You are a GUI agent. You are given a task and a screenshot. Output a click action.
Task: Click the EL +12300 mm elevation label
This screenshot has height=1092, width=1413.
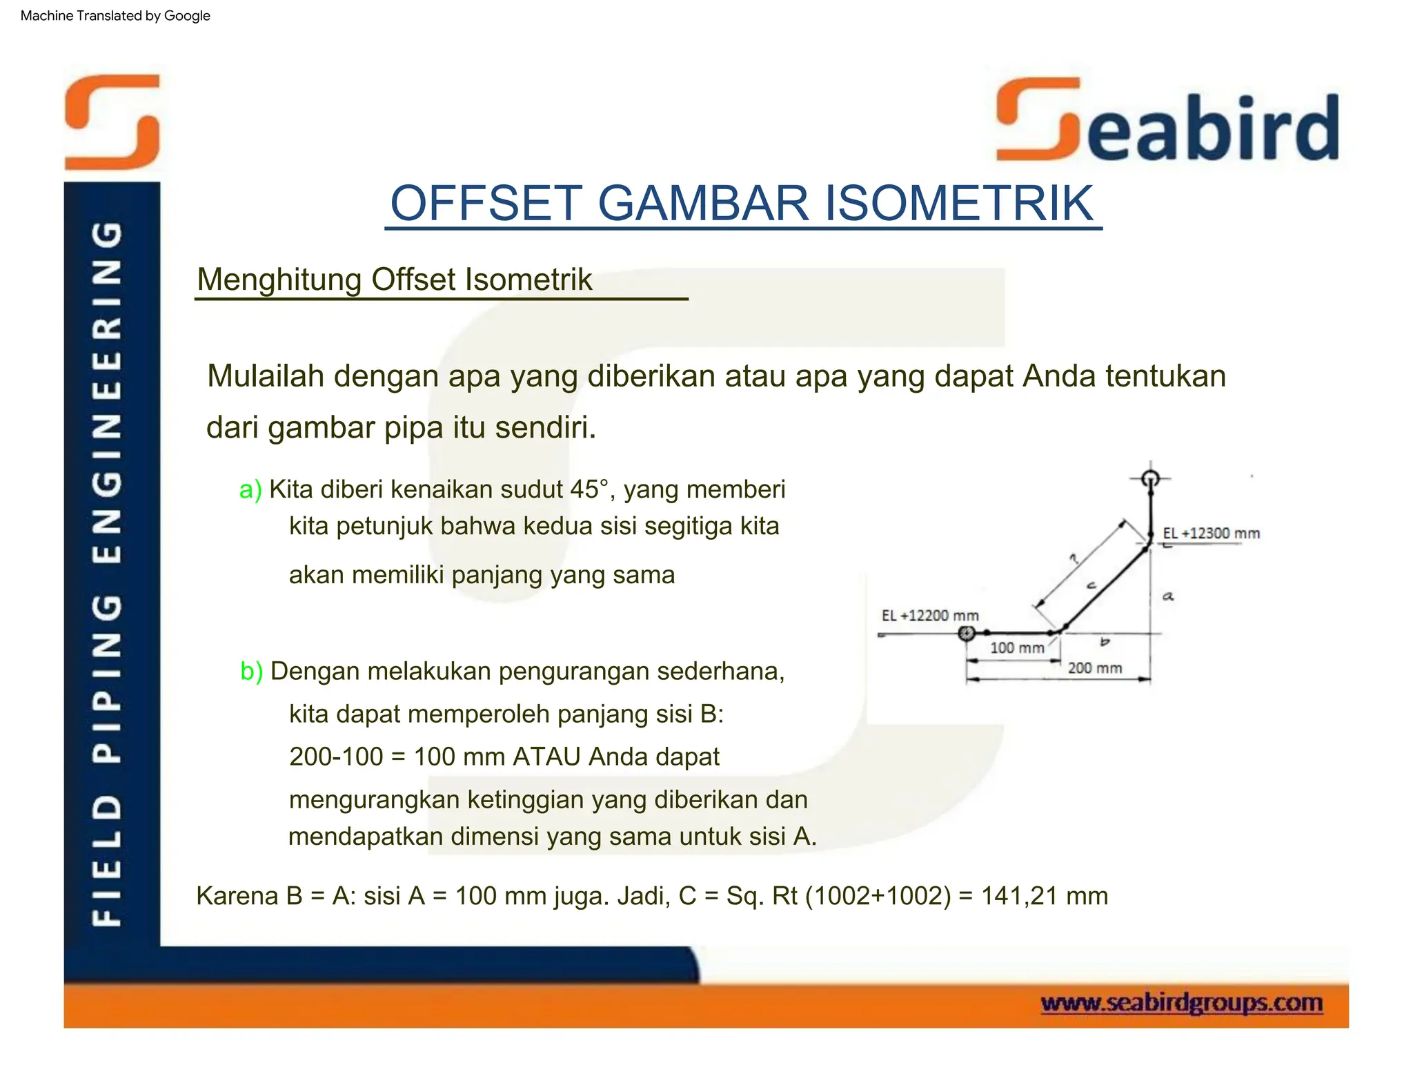click(x=1211, y=533)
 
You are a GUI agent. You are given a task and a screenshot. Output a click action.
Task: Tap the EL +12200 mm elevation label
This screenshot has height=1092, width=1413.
click(x=929, y=615)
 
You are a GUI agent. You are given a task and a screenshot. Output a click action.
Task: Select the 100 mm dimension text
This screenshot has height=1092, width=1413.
click(x=1017, y=647)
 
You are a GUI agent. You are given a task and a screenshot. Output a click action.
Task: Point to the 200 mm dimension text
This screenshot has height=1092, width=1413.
click(x=1095, y=667)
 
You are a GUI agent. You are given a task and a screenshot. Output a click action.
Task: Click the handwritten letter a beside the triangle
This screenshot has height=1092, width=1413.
click(x=1167, y=596)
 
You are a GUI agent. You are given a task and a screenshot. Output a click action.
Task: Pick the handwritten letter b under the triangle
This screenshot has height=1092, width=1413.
click(x=1105, y=642)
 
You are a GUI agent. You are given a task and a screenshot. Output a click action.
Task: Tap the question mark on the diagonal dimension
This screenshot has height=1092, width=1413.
click(x=1074, y=559)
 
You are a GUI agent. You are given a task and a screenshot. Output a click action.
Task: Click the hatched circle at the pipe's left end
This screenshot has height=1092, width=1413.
click(x=967, y=633)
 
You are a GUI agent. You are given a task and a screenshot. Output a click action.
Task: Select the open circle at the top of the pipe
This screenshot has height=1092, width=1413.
click(x=1150, y=478)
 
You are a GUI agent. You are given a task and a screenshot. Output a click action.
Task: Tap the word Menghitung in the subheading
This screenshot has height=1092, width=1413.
click(x=279, y=280)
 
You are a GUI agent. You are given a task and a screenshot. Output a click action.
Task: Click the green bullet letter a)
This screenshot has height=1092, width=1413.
click(x=250, y=489)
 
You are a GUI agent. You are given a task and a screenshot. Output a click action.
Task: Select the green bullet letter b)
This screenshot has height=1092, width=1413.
click(x=251, y=671)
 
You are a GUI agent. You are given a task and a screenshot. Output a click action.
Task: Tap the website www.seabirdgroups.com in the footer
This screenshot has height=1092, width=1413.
click(x=1181, y=1002)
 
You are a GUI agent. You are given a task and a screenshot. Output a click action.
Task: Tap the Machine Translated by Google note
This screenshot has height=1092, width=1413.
click(x=115, y=16)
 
